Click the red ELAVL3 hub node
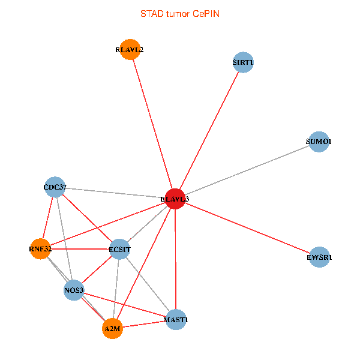pos(175,199)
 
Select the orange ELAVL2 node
pos(130,50)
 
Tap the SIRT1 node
pos(243,62)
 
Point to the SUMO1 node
pos(319,142)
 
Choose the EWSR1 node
pos(320,257)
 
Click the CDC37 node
pos(55,187)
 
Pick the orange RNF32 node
pos(40,248)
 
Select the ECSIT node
pos(119,249)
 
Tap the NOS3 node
pos(74,291)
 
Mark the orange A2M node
pos(112,329)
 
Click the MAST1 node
pos(176,320)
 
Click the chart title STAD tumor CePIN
pos(180,13)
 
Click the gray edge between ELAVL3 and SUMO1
pos(246,170)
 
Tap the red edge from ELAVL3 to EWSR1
pos(247,228)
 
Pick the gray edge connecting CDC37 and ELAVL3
pos(114,193)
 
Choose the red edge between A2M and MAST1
pos(144,325)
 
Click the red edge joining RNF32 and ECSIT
pos(80,248)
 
